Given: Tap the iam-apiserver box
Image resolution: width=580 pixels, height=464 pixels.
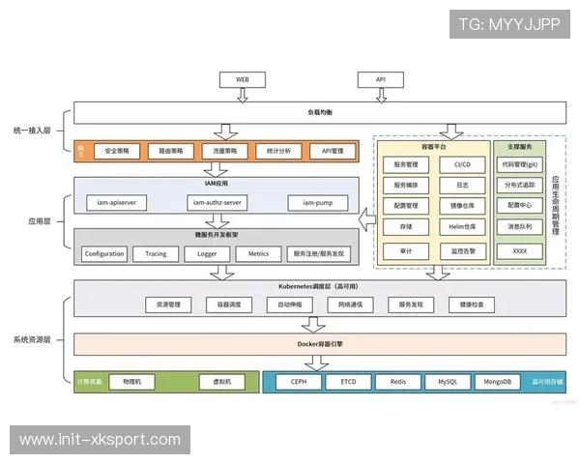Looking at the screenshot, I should pos(115,202).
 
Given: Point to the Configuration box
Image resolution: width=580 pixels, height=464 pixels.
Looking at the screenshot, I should pos(103,253).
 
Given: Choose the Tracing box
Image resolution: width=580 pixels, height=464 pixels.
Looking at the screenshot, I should pos(156,253).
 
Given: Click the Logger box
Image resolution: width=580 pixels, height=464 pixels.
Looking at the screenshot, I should pos(207,253).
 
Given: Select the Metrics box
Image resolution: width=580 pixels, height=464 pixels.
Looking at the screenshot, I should pos(258,253).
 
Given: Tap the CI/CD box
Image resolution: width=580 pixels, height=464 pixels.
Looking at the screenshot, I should pos(462,164).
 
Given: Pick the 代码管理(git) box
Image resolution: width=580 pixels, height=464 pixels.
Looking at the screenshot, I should pos(520,164).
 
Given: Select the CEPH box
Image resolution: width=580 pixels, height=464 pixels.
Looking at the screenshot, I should pos(299,381).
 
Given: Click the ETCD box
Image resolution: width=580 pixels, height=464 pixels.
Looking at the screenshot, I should pos(348,381).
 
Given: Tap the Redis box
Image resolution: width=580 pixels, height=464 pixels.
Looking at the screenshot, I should pos(397,381).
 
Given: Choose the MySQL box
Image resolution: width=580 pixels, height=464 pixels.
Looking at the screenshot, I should pos(447,381).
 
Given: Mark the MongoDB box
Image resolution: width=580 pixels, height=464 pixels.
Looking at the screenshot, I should pos(498,381).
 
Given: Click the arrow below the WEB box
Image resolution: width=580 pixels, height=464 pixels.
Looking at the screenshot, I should pos(244,94).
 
